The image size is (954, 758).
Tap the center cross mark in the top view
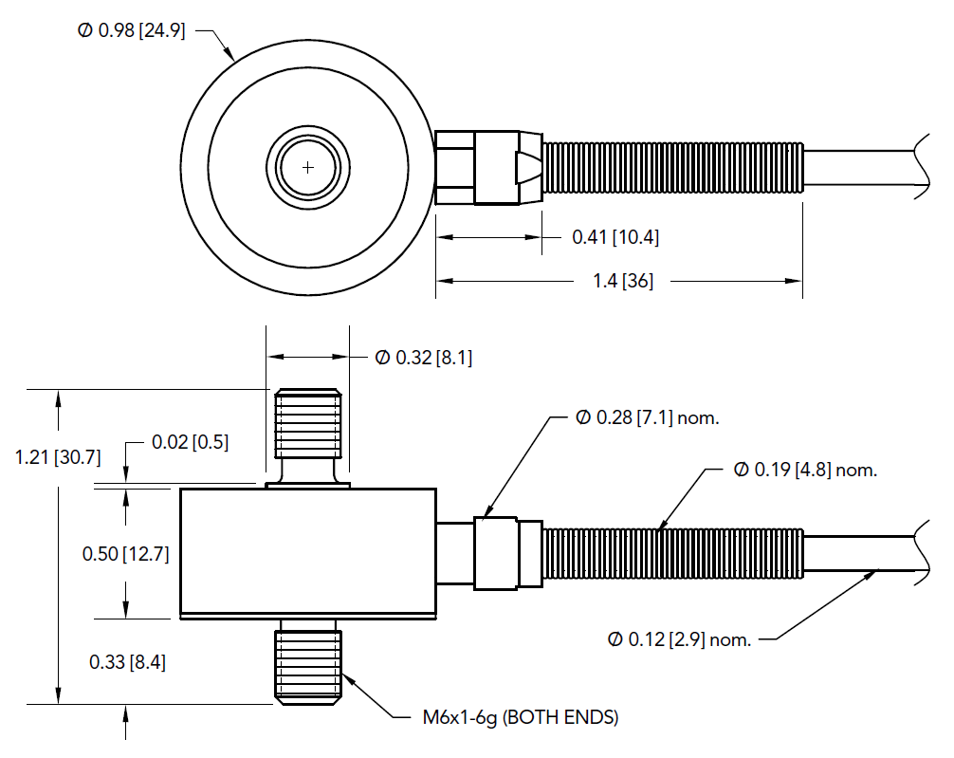pyautogui.click(x=307, y=167)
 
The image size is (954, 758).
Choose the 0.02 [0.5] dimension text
pyautogui.click(x=190, y=443)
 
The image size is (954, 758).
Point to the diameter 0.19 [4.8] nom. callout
pyautogui.click(x=805, y=470)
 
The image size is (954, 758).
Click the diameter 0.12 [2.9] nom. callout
pyautogui.click(x=680, y=639)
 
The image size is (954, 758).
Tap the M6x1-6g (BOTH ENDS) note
pyautogui.click(x=520, y=717)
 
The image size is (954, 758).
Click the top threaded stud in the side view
pyautogui.click(x=307, y=422)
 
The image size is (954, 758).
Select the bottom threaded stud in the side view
pyautogui.click(x=308, y=664)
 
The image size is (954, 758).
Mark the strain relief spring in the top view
pyautogui.click(x=673, y=168)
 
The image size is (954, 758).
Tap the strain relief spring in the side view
pyautogui.click(x=673, y=553)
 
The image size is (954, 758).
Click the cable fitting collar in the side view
pyautogui.click(x=496, y=553)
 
